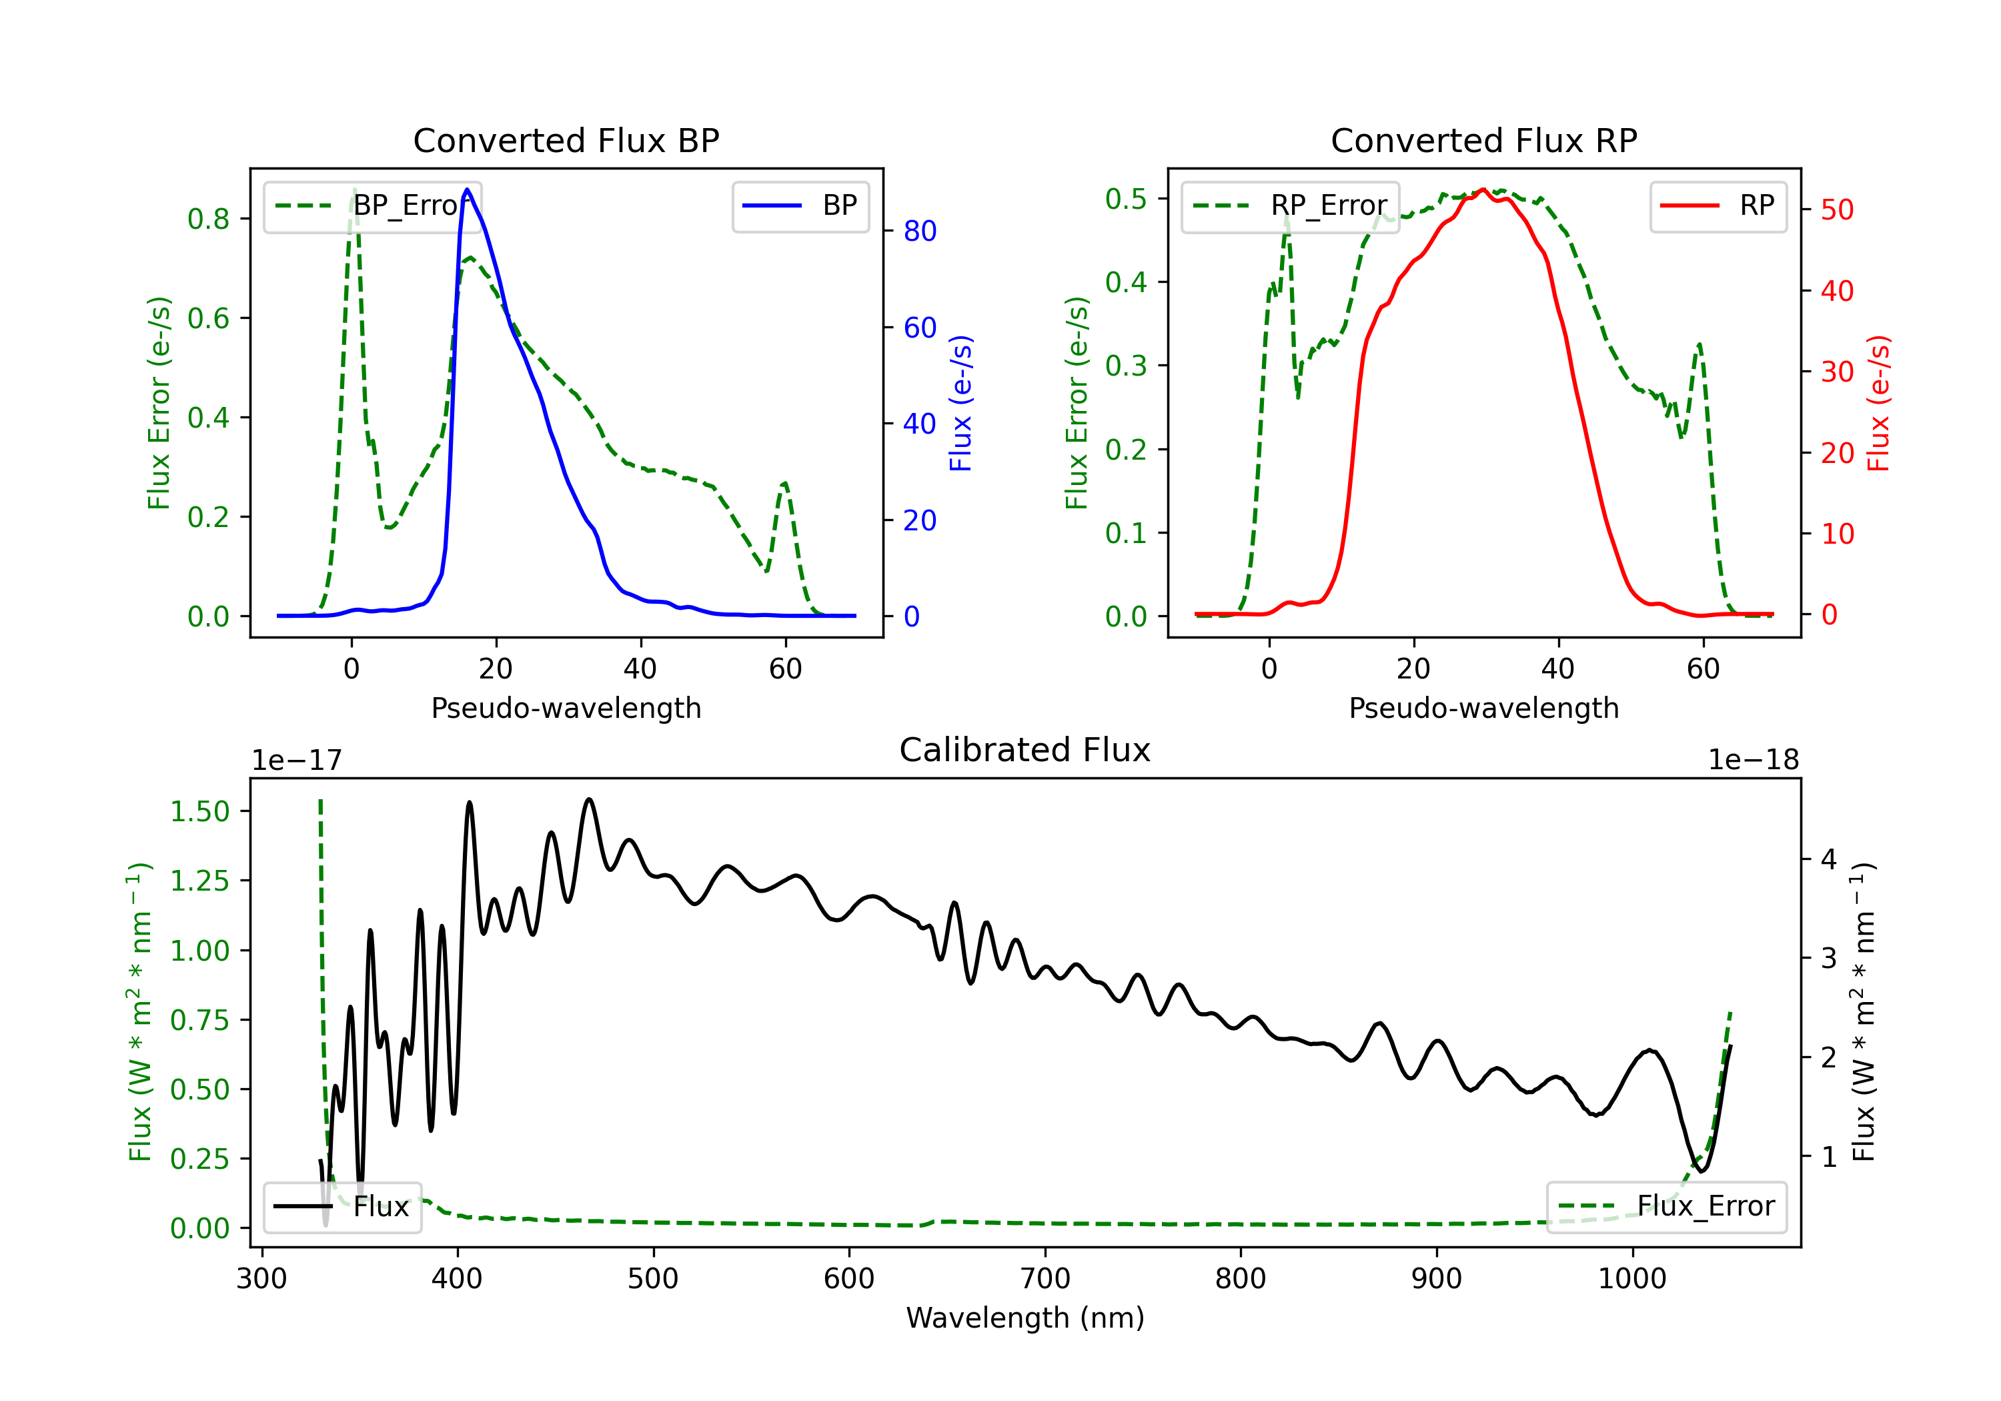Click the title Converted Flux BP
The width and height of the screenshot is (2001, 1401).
click(566, 140)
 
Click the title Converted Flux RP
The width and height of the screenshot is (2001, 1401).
click(1483, 140)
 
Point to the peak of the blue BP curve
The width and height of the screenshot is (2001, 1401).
click(467, 190)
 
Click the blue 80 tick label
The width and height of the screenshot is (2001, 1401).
click(919, 231)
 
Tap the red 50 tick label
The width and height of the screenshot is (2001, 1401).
click(1837, 210)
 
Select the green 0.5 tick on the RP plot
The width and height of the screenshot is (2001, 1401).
click(1125, 199)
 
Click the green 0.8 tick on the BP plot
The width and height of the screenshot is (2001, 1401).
click(208, 219)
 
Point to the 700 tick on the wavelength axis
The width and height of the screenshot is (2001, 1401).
click(1044, 1278)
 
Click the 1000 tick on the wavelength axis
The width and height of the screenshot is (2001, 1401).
click(1631, 1278)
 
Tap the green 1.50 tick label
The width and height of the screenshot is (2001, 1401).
click(199, 812)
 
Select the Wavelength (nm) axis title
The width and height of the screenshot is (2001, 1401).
click(1025, 1318)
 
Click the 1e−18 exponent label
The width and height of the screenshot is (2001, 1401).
click(1753, 761)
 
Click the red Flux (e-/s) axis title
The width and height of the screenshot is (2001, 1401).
click(1878, 403)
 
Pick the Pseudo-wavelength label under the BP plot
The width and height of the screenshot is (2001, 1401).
click(566, 708)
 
